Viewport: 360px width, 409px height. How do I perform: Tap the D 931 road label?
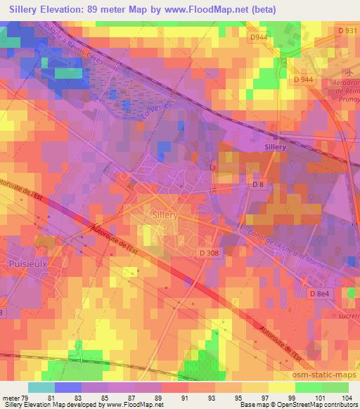click(346, 30)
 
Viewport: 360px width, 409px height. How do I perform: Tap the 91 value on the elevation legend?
click(188, 398)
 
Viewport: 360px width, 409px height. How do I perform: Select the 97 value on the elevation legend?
click(269, 398)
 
